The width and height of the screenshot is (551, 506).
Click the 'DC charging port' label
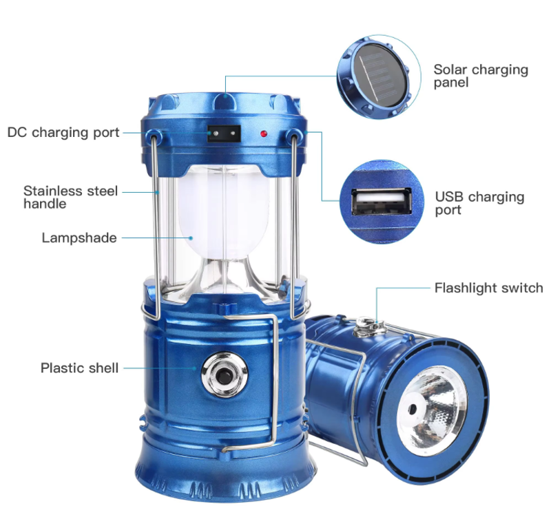point(63,133)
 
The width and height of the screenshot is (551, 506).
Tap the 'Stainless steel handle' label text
point(70,197)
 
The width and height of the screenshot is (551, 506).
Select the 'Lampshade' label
point(79,238)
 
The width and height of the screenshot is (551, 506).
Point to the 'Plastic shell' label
point(79,368)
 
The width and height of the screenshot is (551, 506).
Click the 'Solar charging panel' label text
point(481,76)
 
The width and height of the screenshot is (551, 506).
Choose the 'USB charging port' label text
point(479,203)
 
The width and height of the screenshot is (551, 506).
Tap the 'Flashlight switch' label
point(489,288)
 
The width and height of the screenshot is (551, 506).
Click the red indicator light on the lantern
point(264,134)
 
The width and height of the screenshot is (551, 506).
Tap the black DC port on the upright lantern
point(224,134)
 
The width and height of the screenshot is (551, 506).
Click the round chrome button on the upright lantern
point(225,375)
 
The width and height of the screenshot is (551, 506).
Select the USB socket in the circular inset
point(382,202)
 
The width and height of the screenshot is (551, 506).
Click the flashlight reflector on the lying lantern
point(432,410)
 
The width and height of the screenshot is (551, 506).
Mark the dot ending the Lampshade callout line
point(191,238)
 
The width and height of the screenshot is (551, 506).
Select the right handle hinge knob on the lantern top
point(294,135)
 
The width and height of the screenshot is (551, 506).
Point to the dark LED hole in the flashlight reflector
point(412,409)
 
